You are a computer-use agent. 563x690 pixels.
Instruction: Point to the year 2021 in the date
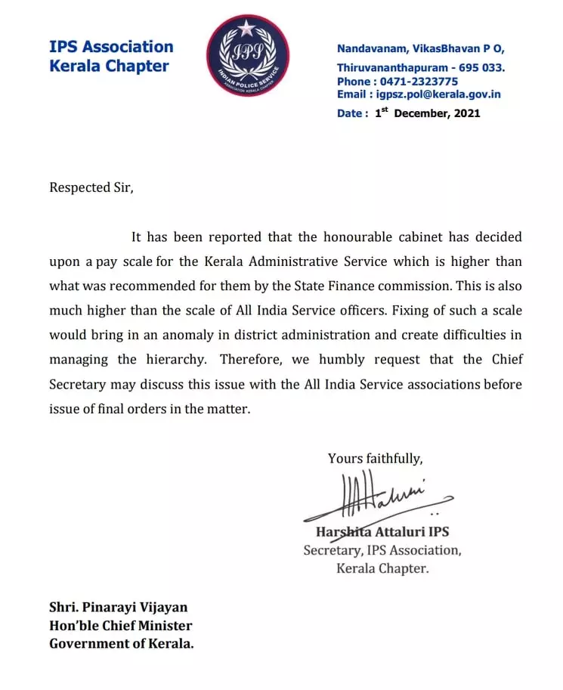pos(467,113)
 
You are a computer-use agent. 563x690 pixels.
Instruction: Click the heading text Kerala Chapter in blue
pos(109,66)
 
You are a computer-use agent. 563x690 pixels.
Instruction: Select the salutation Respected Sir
pos(91,187)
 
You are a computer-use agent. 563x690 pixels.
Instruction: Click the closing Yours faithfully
pos(375,458)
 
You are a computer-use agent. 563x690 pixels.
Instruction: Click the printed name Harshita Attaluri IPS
pos(382,531)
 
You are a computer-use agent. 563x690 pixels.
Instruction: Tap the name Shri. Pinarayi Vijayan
pos(118,607)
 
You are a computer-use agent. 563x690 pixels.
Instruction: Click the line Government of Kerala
pos(121,643)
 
